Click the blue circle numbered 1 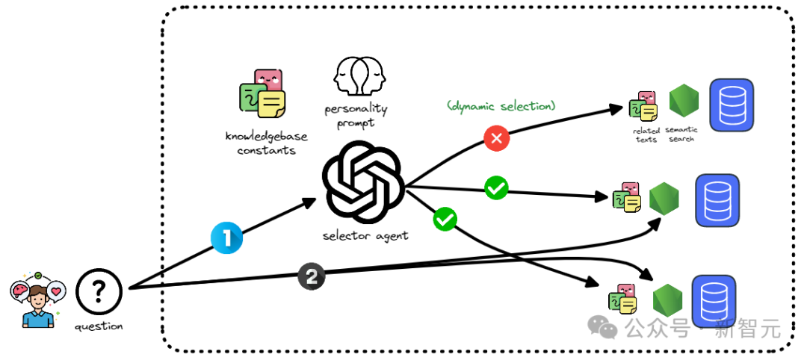tap(227, 238)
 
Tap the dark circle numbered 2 tap(312, 276)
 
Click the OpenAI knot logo tap(363, 182)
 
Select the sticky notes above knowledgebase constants tap(262, 95)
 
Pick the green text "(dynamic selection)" tap(501, 107)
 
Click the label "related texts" tap(646, 134)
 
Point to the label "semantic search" tap(681, 134)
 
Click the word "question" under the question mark tap(99, 326)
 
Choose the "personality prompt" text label tap(356, 116)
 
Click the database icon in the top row tap(731, 104)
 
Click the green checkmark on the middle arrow tap(496, 187)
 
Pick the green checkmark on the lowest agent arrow tap(445, 219)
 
